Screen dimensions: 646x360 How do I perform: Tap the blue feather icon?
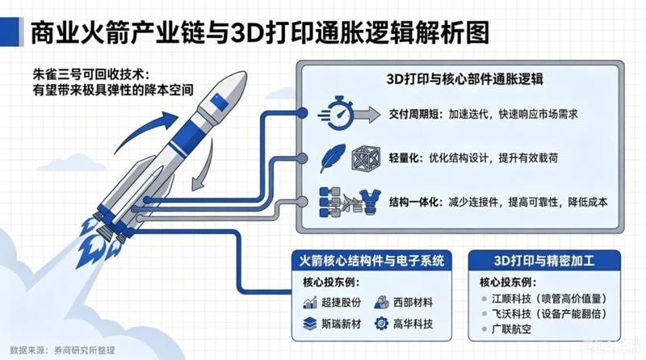click(x=333, y=157)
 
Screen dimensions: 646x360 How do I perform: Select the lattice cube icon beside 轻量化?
click(x=366, y=158)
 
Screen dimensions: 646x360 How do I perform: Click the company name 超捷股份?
click(x=341, y=303)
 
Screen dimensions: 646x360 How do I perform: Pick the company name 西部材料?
click(x=413, y=303)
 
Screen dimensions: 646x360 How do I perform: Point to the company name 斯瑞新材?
click(x=341, y=324)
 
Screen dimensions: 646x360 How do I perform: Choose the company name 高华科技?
click(x=413, y=324)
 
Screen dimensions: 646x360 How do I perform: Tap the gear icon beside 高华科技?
click(x=381, y=324)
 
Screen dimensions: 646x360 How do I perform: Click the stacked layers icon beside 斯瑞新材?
click(x=310, y=324)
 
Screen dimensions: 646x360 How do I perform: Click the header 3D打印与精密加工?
click(x=544, y=261)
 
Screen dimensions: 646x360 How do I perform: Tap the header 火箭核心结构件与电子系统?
click(x=371, y=261)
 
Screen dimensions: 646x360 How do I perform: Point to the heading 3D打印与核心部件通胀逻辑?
click(x=465, y=78)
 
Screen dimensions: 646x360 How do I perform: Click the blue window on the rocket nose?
click(x=219, y=102)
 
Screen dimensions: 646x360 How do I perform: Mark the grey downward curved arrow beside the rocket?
click(x=203, y=165)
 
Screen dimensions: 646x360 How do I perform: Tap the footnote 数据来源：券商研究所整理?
click(x=63, y=350)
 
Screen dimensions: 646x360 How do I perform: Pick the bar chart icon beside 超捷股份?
click(x=310, y=303)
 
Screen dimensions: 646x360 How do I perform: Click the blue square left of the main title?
click(x=10, y=31)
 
